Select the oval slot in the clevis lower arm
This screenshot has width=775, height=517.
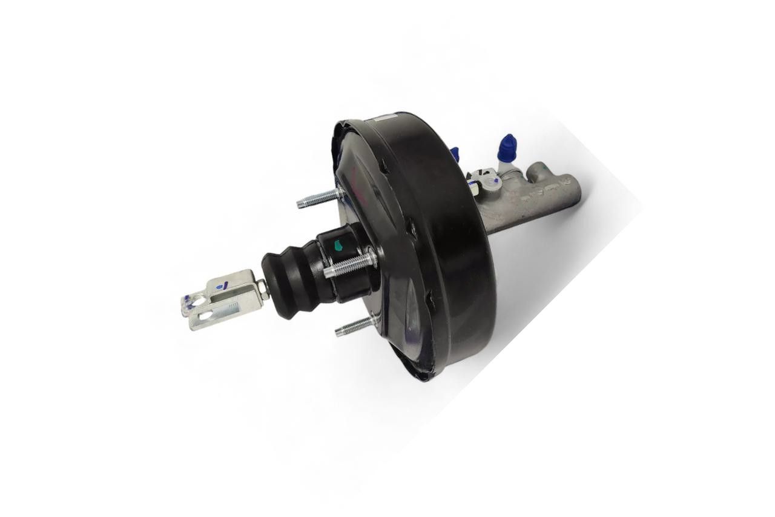pos(206,315)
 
